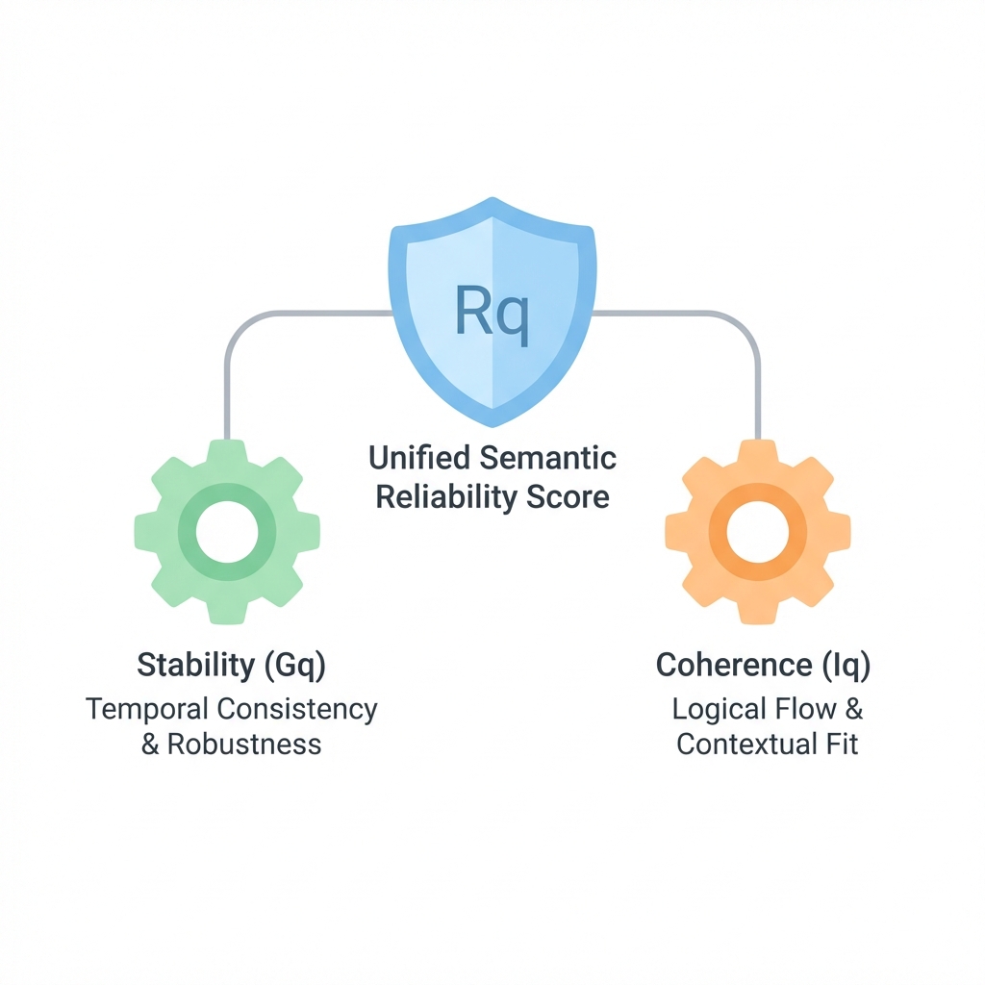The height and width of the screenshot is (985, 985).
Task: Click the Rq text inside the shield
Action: point(492,314)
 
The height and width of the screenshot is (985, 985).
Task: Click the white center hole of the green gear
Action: point(227,531)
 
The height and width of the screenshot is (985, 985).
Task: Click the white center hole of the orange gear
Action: point(757,531)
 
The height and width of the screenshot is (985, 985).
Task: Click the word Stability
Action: point(192,665)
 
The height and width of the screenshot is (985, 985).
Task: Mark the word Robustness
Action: point(244,744)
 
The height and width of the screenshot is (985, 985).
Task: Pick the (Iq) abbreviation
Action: point(848,665)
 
